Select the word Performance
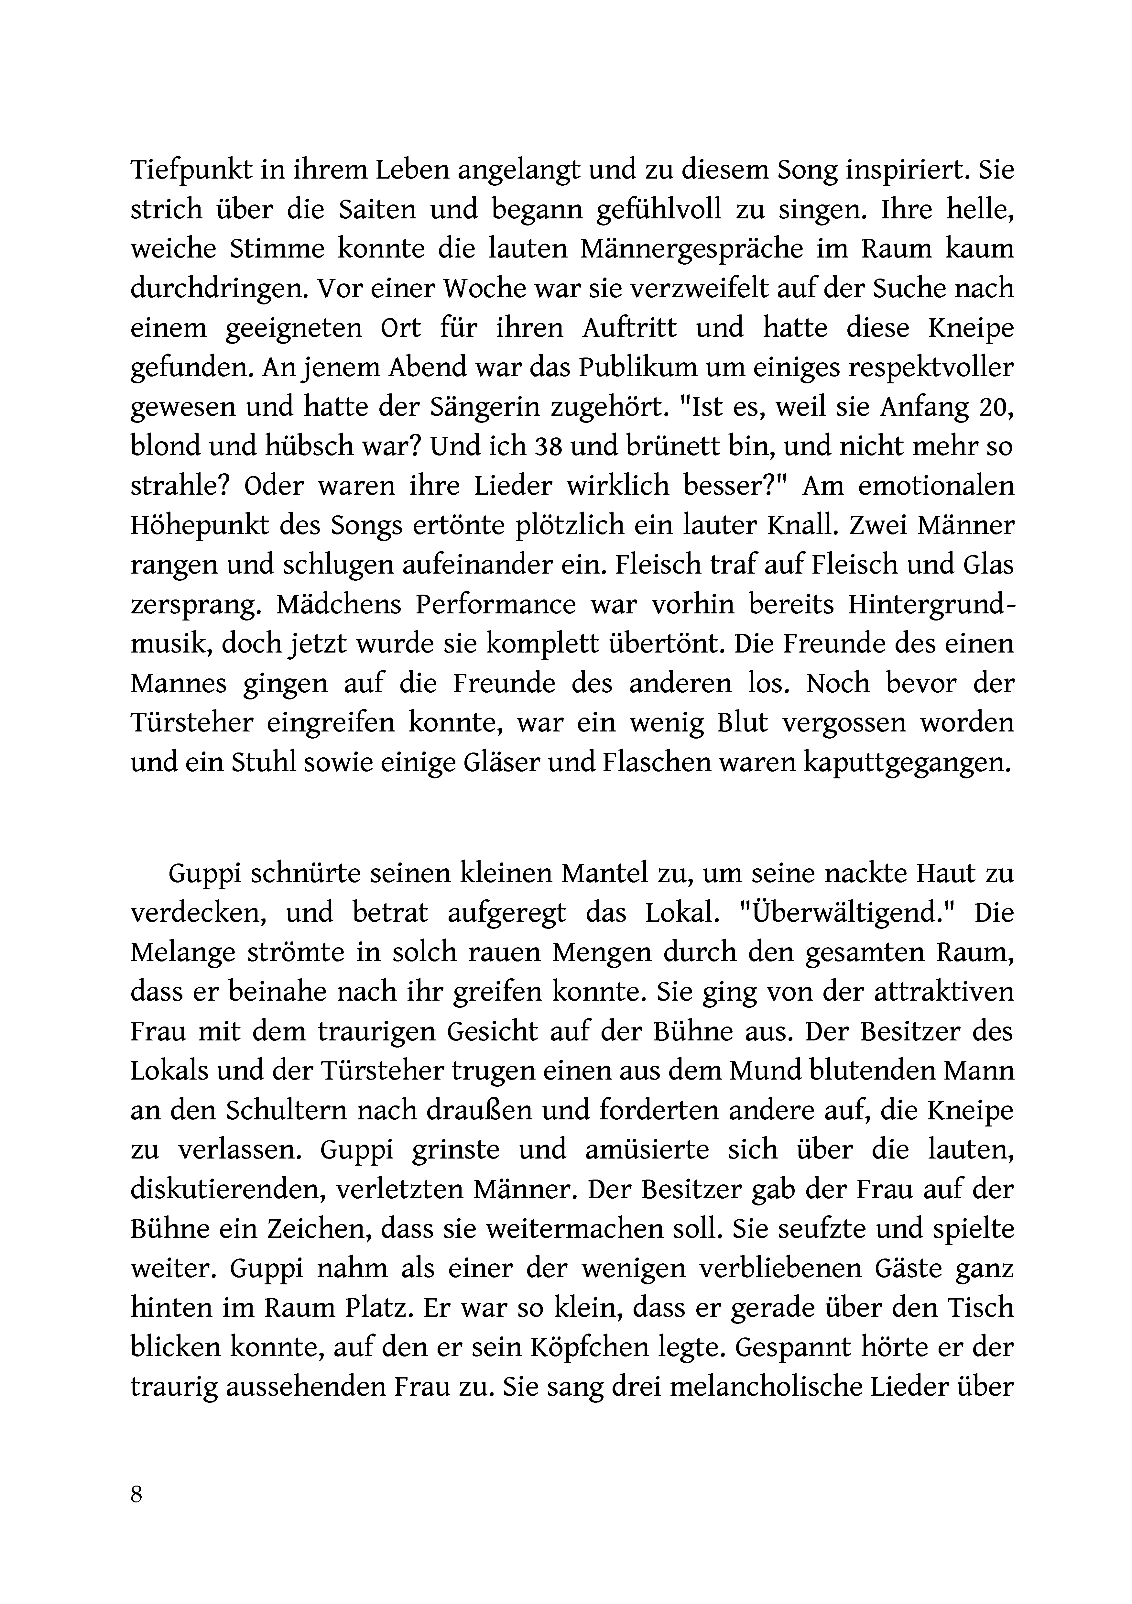(496, 605)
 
